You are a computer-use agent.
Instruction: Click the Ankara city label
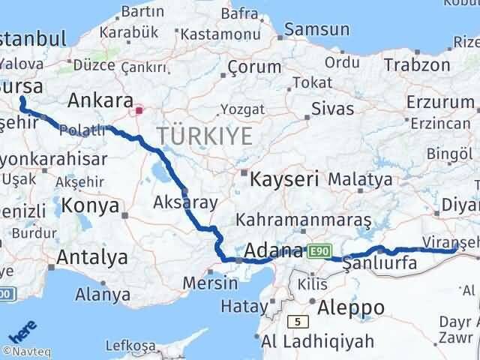click(100, 101)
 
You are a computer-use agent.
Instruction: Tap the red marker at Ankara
click(139, 111)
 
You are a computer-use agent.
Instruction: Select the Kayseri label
click(284, 179)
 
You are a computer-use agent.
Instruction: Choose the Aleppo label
click(351, 307)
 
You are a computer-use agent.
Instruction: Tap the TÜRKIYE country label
click(202, 136)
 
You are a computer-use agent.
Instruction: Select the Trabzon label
click(416, 65)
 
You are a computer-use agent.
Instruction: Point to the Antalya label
click(92, 257)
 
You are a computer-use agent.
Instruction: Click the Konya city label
click(90, 205)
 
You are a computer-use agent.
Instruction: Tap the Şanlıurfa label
click(379, 263)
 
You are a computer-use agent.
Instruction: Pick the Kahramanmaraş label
click(304, 220)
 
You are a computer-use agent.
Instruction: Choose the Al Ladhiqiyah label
click(318, 342)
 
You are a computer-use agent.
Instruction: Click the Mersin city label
click(214, 283)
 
